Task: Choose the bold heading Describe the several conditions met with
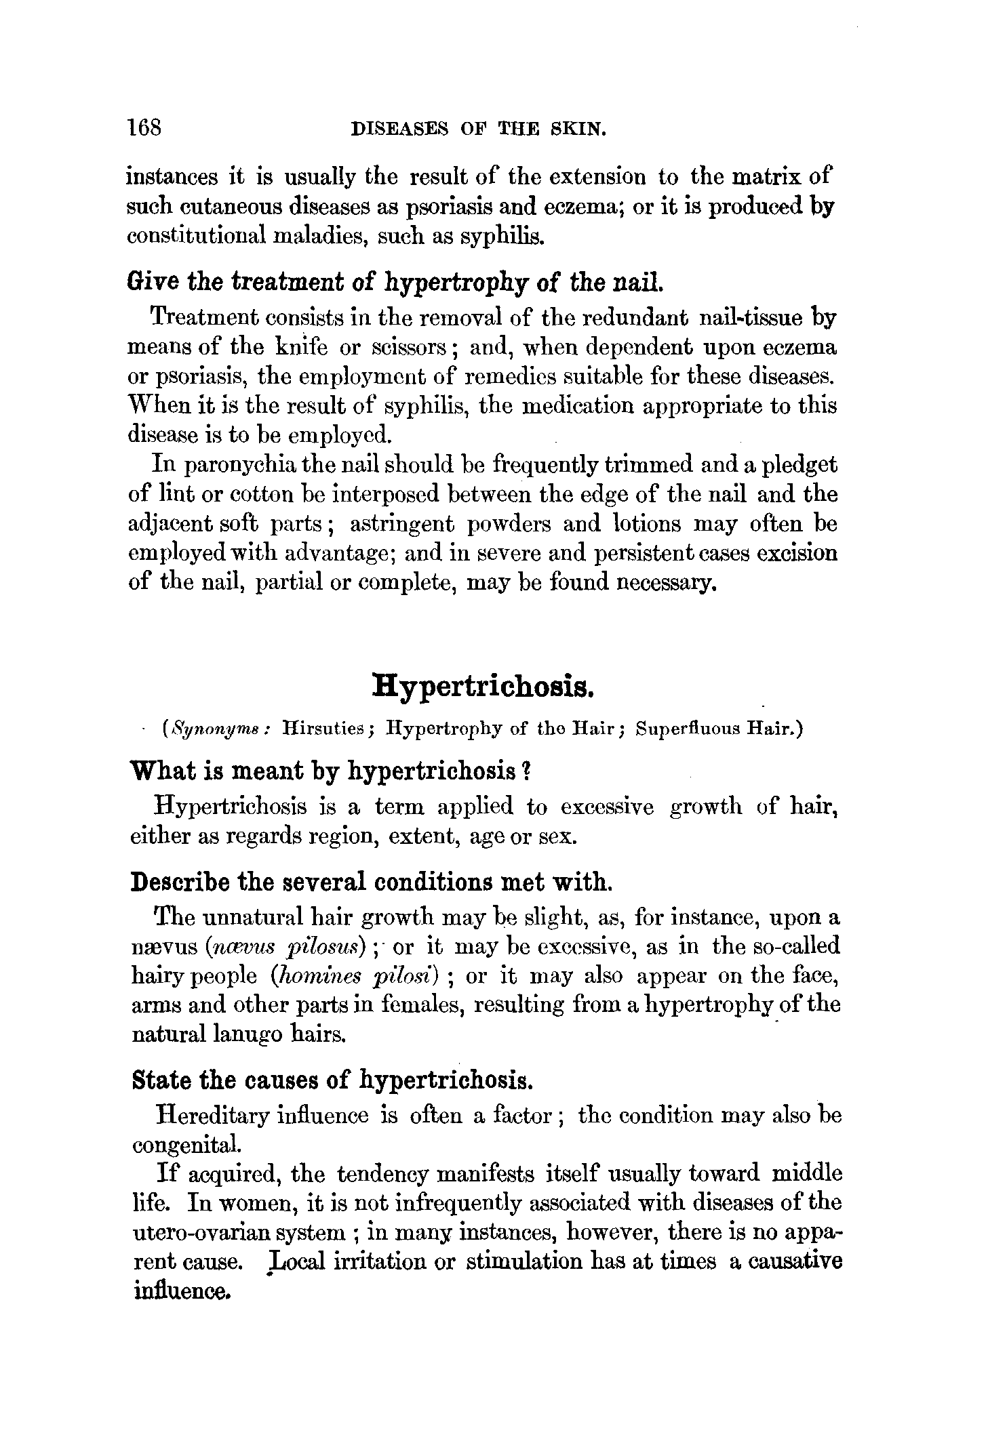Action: click(x=372, y=882)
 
